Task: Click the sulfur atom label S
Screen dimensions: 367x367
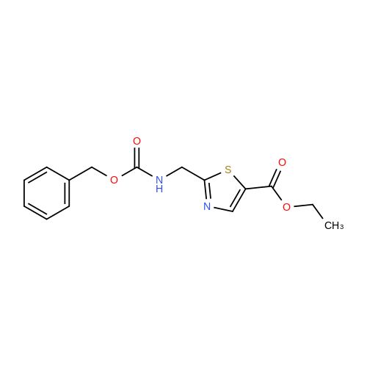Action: click(x=228, y=170)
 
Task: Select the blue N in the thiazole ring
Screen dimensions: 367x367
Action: click(x=207, y=206)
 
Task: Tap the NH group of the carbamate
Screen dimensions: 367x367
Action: click(x=159, y=184)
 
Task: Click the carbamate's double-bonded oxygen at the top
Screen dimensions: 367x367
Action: click(x=137, y=141)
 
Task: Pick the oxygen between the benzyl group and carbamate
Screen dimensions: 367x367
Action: click(x=114, y=180)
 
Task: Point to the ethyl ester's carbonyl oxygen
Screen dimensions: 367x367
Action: click(x=282, y=162)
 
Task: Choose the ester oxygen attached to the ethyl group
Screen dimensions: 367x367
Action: click(x=286, y=207)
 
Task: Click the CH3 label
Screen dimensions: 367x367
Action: click(x=334, y=225)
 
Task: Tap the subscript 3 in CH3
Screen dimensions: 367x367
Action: click(x=341, y=227)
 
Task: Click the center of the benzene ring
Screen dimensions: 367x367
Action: click(x=46, y=193)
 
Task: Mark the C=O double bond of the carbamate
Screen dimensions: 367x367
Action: click(x=137, y=157)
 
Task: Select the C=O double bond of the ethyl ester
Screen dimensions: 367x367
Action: click(x=276, y=177)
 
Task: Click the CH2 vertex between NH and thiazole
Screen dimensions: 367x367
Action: click(x=182, y=167)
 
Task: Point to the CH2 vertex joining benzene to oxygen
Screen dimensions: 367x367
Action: click(x=92, y=167)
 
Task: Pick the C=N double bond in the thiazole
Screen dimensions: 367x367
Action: click(x=206, y=191)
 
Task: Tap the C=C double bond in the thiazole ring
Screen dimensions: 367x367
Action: click(x=239, y=200)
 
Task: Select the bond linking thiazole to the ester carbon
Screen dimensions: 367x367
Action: click(x=258, y=188)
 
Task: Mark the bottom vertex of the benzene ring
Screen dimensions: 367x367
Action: click(x=46, y=219)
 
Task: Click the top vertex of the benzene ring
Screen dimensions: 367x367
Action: click(x=46, y=167)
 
